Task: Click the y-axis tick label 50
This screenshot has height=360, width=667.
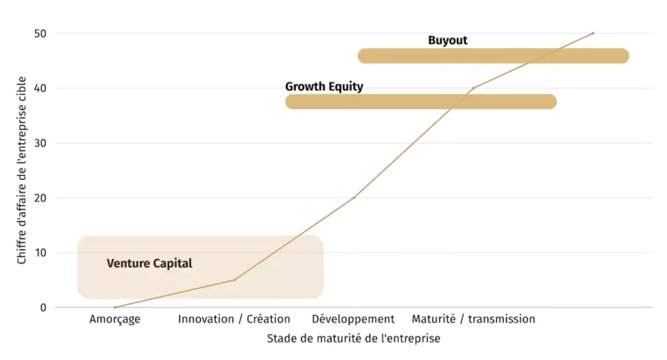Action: (41, 33)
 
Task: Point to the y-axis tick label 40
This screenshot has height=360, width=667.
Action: (41, 88)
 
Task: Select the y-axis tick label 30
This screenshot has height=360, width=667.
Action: (41, 143)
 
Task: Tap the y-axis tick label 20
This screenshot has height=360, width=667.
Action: (41, 197)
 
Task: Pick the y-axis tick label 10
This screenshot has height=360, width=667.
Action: (41, 252)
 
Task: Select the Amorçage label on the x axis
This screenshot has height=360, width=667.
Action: (115, 319)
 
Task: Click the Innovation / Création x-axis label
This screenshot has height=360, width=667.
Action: (234, 319)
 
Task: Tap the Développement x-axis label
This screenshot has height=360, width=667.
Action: (354, 319)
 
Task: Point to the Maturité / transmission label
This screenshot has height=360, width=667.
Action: (474, 319)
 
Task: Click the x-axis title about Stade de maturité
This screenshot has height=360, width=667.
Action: (354, 339)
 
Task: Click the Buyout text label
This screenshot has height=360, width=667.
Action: (448, 40)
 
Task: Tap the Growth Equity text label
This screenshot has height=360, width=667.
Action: (324, 86)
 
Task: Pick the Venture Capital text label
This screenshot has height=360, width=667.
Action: (149, 263)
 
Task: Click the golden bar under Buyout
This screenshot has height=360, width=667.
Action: (494, 56)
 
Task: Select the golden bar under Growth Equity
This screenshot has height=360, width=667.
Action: (421, 102)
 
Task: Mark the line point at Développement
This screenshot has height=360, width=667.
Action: (354, 197)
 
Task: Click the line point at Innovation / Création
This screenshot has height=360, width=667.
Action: (234, 280)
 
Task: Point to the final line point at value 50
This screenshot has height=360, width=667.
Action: (593, 33)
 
